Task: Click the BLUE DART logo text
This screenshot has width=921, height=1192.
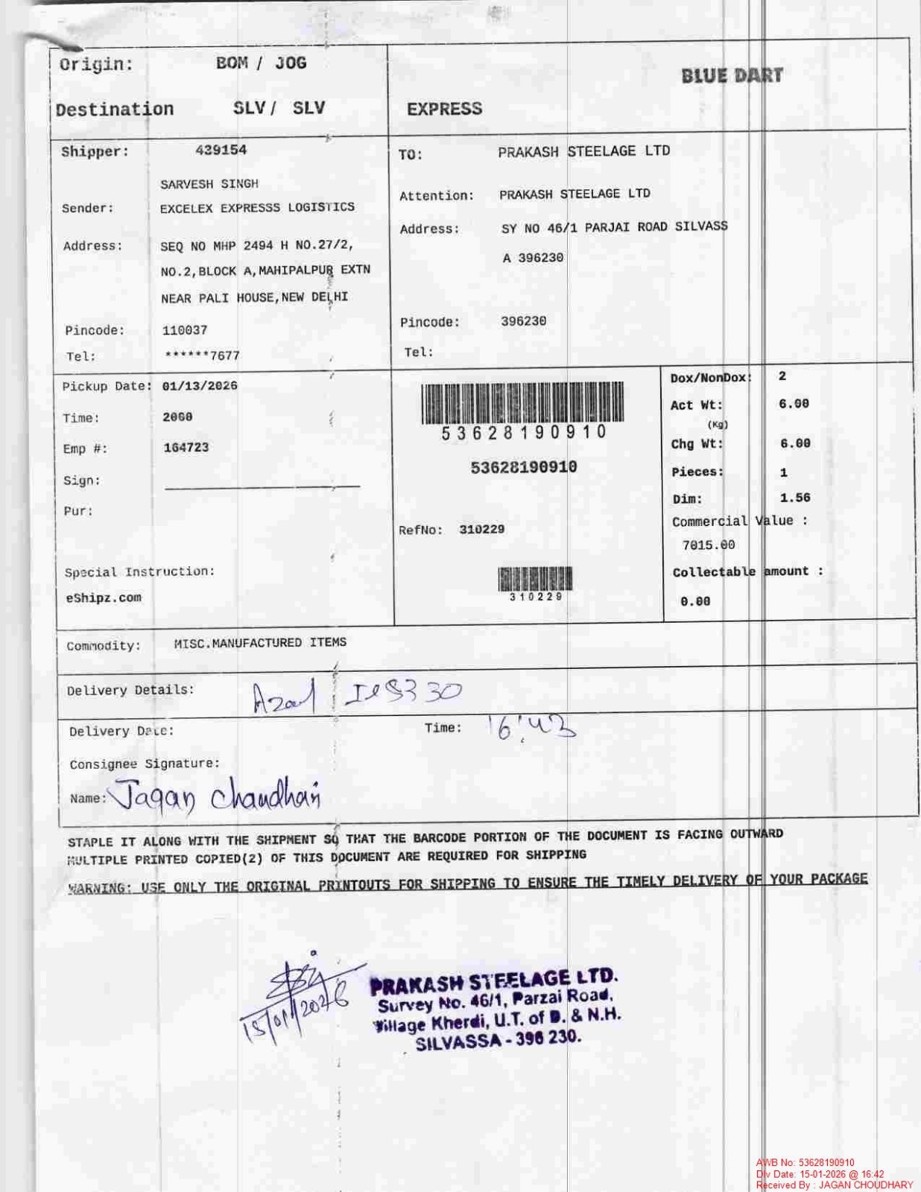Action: point(732,75)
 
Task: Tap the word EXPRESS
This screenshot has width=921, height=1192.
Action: point(444,109)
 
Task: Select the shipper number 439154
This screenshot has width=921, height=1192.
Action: point(221,150)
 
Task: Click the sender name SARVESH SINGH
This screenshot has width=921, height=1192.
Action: point(209,184)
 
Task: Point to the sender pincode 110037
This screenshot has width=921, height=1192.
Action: point(185,330)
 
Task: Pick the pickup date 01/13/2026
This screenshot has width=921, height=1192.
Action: point(200,386)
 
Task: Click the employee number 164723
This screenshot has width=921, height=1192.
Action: point(186,448)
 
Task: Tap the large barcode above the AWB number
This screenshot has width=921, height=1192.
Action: point(522,402)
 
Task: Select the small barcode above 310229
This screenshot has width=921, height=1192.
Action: point(536,579)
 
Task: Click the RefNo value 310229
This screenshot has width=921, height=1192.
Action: point(482,530)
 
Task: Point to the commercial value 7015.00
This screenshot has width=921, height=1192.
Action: point(709,545)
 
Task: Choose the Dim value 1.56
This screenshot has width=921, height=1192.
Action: point(795,498)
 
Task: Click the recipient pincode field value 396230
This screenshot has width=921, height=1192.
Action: point(523,321)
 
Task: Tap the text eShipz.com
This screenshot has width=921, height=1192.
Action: point(104,597)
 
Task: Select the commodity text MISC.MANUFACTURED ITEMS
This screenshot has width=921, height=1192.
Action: point(260,642)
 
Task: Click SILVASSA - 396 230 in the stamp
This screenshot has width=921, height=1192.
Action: point(498,1040)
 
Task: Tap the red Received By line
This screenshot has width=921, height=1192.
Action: point(835,1185)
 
